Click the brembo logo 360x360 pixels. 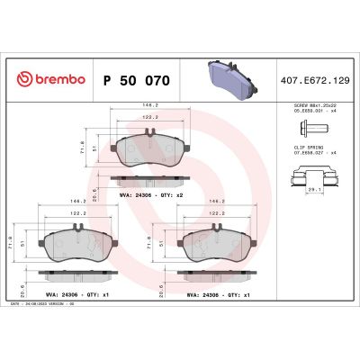point(47,80)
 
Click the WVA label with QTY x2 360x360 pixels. point(151,193)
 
